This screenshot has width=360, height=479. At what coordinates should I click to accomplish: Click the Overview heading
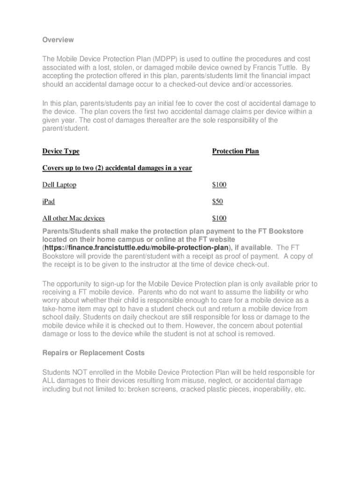tap(58, 40)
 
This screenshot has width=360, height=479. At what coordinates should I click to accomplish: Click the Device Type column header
tap(61, 151)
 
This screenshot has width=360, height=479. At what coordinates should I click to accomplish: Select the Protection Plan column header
tap(235, 151)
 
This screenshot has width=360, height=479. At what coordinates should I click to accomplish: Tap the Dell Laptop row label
tap(59, 185)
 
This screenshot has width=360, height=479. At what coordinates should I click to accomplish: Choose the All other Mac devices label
tap(73, 218)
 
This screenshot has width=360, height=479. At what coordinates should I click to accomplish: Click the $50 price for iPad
tap(217, 202)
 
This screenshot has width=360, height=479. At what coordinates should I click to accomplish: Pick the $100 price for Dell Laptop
tap(219, 185)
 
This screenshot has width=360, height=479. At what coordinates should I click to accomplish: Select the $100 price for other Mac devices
tap(219, 218)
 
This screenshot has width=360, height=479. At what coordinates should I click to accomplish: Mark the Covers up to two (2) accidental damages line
tap(117, 168)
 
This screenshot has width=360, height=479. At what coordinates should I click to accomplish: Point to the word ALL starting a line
tap(49, 381)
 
